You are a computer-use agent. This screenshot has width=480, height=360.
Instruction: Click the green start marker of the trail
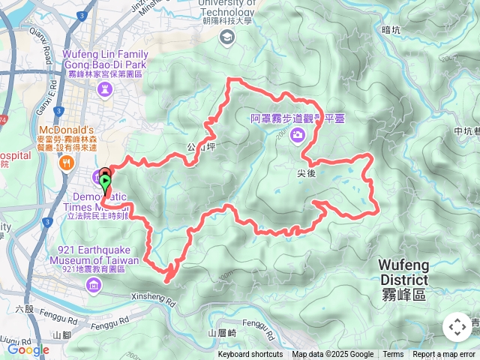(x=106, y=181)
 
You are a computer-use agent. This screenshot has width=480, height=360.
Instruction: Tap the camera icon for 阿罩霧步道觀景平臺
(x=298, y=135)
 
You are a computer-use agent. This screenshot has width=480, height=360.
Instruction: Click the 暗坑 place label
(x=391, y=30)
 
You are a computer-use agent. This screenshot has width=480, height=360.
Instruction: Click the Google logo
(x=28, y=349)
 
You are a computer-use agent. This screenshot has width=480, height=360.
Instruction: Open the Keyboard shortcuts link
(x=250, y=355)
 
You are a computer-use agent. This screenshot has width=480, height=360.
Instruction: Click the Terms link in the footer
(x=393, y=355)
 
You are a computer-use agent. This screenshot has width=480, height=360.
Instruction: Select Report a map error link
(x=444, y=355)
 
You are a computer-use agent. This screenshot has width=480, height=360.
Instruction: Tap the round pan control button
(x=457, y=327)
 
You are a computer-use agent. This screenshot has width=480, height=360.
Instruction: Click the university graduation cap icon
(x=226, y=37)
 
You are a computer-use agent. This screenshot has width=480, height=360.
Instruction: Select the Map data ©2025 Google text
(x=332, y=355)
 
